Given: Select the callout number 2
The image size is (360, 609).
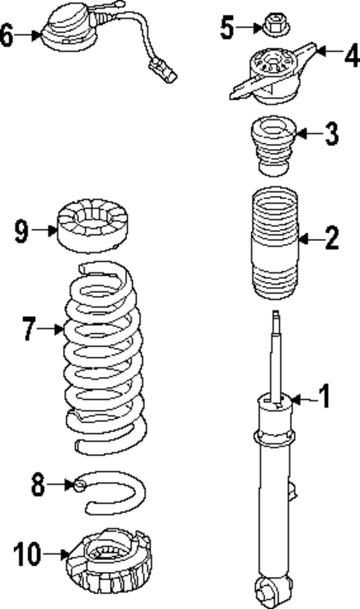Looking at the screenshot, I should click(x=330, y=238).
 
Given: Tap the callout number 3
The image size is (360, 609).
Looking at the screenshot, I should click(x=330, y=134).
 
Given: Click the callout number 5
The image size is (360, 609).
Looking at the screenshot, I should click(x=227, y=29).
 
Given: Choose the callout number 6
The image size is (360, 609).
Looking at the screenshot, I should click(x=7, y=34).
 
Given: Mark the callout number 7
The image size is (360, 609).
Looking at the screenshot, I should click(x=29, y=328).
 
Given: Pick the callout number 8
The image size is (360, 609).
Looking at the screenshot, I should click(x=38, y=486).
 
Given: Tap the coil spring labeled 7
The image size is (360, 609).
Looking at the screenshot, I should click(x=104, y=356).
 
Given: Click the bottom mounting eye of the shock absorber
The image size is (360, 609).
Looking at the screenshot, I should click(x=269, y=590).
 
